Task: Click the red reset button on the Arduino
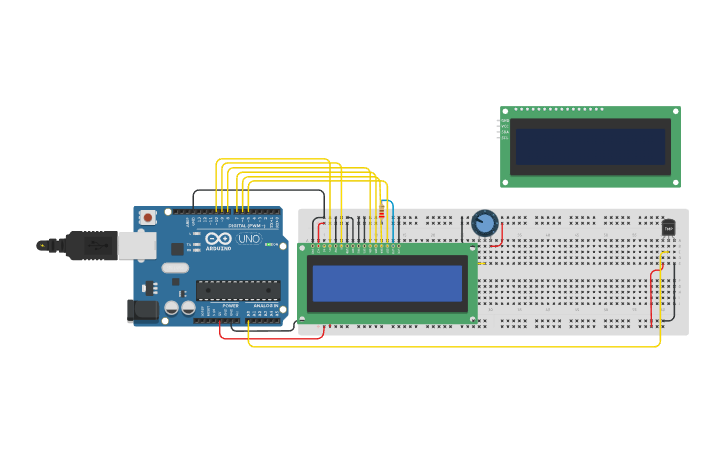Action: [x=148, y=217]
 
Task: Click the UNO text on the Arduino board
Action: [x=249, y=239]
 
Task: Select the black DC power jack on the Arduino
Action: [x=143, y=311]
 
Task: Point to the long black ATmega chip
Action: [x=237, y=290]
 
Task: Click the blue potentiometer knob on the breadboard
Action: [x=485, y=223]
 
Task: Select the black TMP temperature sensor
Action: [x=668, y=228]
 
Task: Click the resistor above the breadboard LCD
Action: [x=380, y=211]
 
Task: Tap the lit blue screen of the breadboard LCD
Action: [x=387, y=283]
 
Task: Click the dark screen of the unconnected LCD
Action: [x=589, y=147]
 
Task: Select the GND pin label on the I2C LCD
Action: [x=505, y=121]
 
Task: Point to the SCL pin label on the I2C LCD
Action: [x=505, y=137]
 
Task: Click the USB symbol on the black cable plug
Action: [x=43, y=245]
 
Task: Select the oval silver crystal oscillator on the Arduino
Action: [x=175, y=267]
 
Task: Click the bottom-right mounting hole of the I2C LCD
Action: [x=676, y=182]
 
